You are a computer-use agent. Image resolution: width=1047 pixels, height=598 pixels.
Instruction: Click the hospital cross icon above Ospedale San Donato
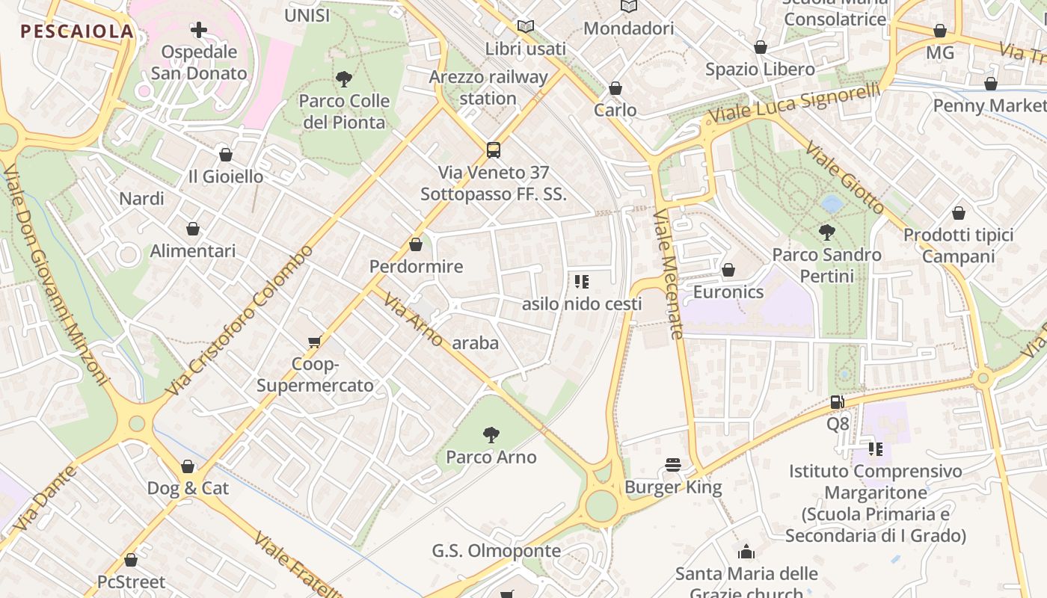tap(199, 30)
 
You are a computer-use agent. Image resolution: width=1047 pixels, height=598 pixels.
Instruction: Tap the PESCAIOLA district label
tap(77, 31)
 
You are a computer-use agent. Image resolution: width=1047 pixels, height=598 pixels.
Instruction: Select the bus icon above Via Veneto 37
tap(494, 149)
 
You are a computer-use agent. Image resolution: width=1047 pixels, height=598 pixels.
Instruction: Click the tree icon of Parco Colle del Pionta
tap(344, 78)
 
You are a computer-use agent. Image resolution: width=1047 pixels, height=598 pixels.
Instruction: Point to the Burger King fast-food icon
tap(673, 465)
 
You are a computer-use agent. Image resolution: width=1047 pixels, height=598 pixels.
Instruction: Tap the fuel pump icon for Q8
tap(838, 402)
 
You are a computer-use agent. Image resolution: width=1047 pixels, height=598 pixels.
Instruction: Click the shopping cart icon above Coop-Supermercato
tap(315, 342)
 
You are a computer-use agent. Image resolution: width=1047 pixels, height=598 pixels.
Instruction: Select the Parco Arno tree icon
tap(491, 434)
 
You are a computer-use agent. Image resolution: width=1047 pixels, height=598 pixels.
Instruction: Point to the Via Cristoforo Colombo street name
tap(241, 321)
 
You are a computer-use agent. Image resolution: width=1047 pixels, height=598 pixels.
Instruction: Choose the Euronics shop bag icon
tap(728, 269)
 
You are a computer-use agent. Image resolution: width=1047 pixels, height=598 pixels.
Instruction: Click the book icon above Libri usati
tap(526, 26)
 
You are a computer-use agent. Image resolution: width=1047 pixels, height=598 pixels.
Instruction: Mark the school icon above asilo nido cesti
tap(582, 282)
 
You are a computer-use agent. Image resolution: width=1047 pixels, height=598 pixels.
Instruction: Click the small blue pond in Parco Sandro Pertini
tap(831, 203)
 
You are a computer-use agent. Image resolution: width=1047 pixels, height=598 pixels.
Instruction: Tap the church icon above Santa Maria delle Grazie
tap(746, 552)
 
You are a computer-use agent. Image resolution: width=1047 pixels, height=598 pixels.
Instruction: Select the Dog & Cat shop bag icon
tap(188, 466)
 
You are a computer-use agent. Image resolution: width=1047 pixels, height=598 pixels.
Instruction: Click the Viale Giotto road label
tap(846, 180)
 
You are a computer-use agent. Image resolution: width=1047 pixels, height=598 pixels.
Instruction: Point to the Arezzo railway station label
tap(488, 87)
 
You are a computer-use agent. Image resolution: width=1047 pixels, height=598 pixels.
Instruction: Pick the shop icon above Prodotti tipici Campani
tap(959, 213)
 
